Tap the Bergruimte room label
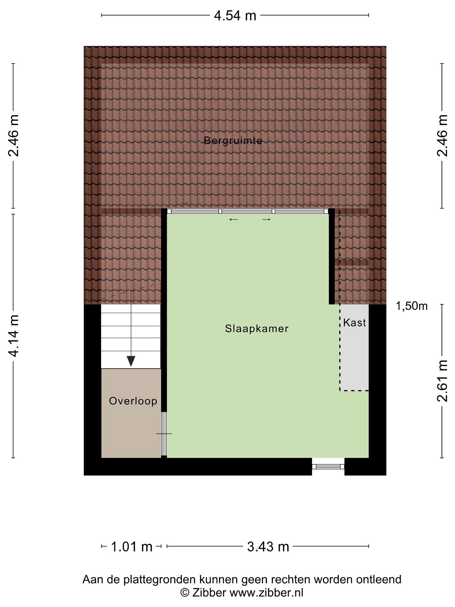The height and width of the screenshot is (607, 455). [x=233, y=141]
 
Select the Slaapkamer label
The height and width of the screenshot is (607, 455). [x=257, y=328]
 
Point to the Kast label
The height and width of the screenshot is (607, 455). [x=354, y=322]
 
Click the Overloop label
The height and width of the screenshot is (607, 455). [x=133, y=401]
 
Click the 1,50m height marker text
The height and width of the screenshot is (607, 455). [x=412, y=306]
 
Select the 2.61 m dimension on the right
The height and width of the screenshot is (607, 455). [x=442, y=381]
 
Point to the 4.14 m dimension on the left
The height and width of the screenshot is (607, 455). [x=13, y=336]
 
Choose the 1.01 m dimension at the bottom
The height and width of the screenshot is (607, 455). [x=131, y=547]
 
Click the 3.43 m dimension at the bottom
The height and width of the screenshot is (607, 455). [x=268, y=547]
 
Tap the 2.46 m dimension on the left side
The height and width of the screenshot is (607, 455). [x=13, y=136]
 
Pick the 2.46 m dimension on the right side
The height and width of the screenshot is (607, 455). [x=442, y=136]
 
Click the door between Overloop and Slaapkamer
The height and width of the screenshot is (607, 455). [x=164, y=434]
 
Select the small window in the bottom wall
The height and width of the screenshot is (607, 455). [x=328, y=466]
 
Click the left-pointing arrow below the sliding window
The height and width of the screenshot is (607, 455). [x=234, y=219]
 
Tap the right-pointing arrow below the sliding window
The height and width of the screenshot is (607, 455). [x=266, y=219]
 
